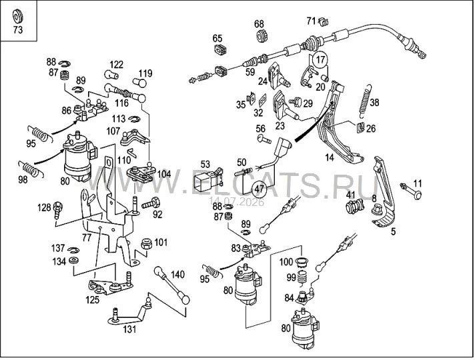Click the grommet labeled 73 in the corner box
[x=18, y=17]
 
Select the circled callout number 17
[x=320, y=59]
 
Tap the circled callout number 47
[x=260, y=189]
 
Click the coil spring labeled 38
[x=364, y=101]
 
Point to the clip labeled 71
[x=324, y=21]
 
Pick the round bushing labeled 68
[x=260, y=36]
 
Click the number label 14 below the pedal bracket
[x=330, y=157]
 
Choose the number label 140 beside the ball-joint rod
[x=177, y=275]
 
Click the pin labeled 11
[x=411, y=191]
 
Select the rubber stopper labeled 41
[x=354, y=207]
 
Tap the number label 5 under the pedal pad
[x=393, y=232]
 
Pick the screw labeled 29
[x=295, y=102]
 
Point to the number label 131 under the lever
[x=129, y=329]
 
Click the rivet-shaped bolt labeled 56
[x=264, y=139]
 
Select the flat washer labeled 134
[x=73, y=260]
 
